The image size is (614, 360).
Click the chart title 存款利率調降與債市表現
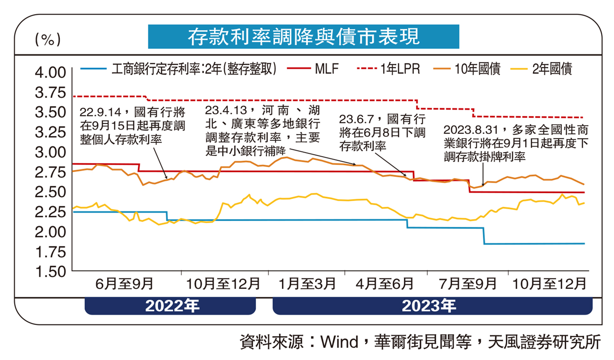point(303,36)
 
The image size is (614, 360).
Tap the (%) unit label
point(48,39)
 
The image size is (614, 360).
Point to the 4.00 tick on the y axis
point(50,72)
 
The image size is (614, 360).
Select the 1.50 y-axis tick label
point(50,272)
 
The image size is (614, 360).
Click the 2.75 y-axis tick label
point(50,172)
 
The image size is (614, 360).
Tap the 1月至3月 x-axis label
point(307,283)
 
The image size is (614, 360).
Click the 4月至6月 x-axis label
point(384,283)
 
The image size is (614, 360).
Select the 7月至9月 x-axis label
point(467,283)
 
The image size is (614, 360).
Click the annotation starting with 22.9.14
point(132,126)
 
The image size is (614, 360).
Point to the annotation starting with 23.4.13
point(262,130)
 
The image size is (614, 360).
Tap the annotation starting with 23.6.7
point(382,133)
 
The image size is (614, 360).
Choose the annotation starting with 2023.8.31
point(516,143)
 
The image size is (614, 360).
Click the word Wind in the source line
point(339,342)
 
